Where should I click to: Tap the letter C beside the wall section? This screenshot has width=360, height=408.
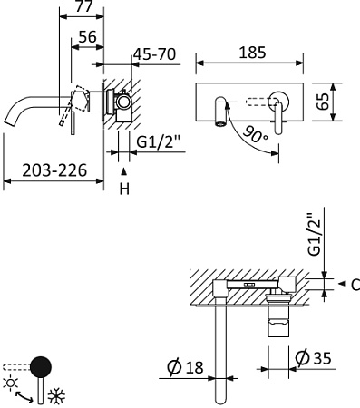tap(355, 284)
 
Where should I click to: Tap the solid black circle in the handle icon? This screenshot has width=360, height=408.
tap(40, 367)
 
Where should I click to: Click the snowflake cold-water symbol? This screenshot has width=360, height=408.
tap(54, 396)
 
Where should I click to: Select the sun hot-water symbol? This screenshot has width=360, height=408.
tap(12, 384)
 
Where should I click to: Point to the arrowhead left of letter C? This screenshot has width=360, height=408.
tap(341, 284)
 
